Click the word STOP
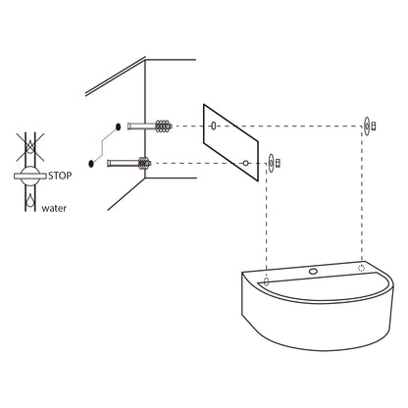[x=60, y=176]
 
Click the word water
[x=54, y=208]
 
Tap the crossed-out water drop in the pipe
[x=30, y=146]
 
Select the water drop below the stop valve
[x=30, y=200]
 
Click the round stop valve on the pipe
[x=30, y=176]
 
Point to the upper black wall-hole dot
[x=118, y=127]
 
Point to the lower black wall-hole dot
[x=91, y=163]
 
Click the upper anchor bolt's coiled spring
[x=163, y=127]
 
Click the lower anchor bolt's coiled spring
[x=143, y=163]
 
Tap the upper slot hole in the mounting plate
[x=214, y=126]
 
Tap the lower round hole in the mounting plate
[x=245, y=163]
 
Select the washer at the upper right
[x=367, y=126]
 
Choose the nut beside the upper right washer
[x=374, y=126]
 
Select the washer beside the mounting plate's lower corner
[x=271, y=163]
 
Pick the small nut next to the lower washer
[x=279, y=163]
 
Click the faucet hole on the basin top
[x=313, y=271]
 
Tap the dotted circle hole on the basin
[x=361, y=268]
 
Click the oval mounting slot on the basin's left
[x=267, y=281]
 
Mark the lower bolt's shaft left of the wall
[x=123, y=163]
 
